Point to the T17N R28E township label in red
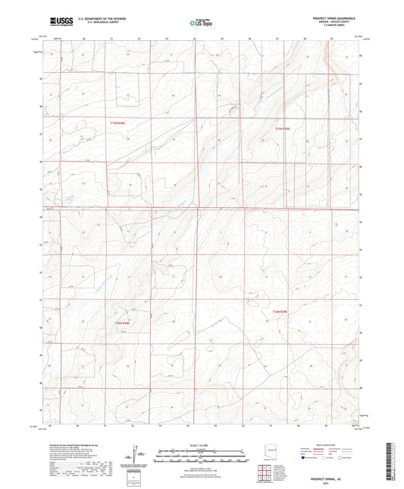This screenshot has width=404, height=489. [116, 121]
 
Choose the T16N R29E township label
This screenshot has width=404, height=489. [281, 310]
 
